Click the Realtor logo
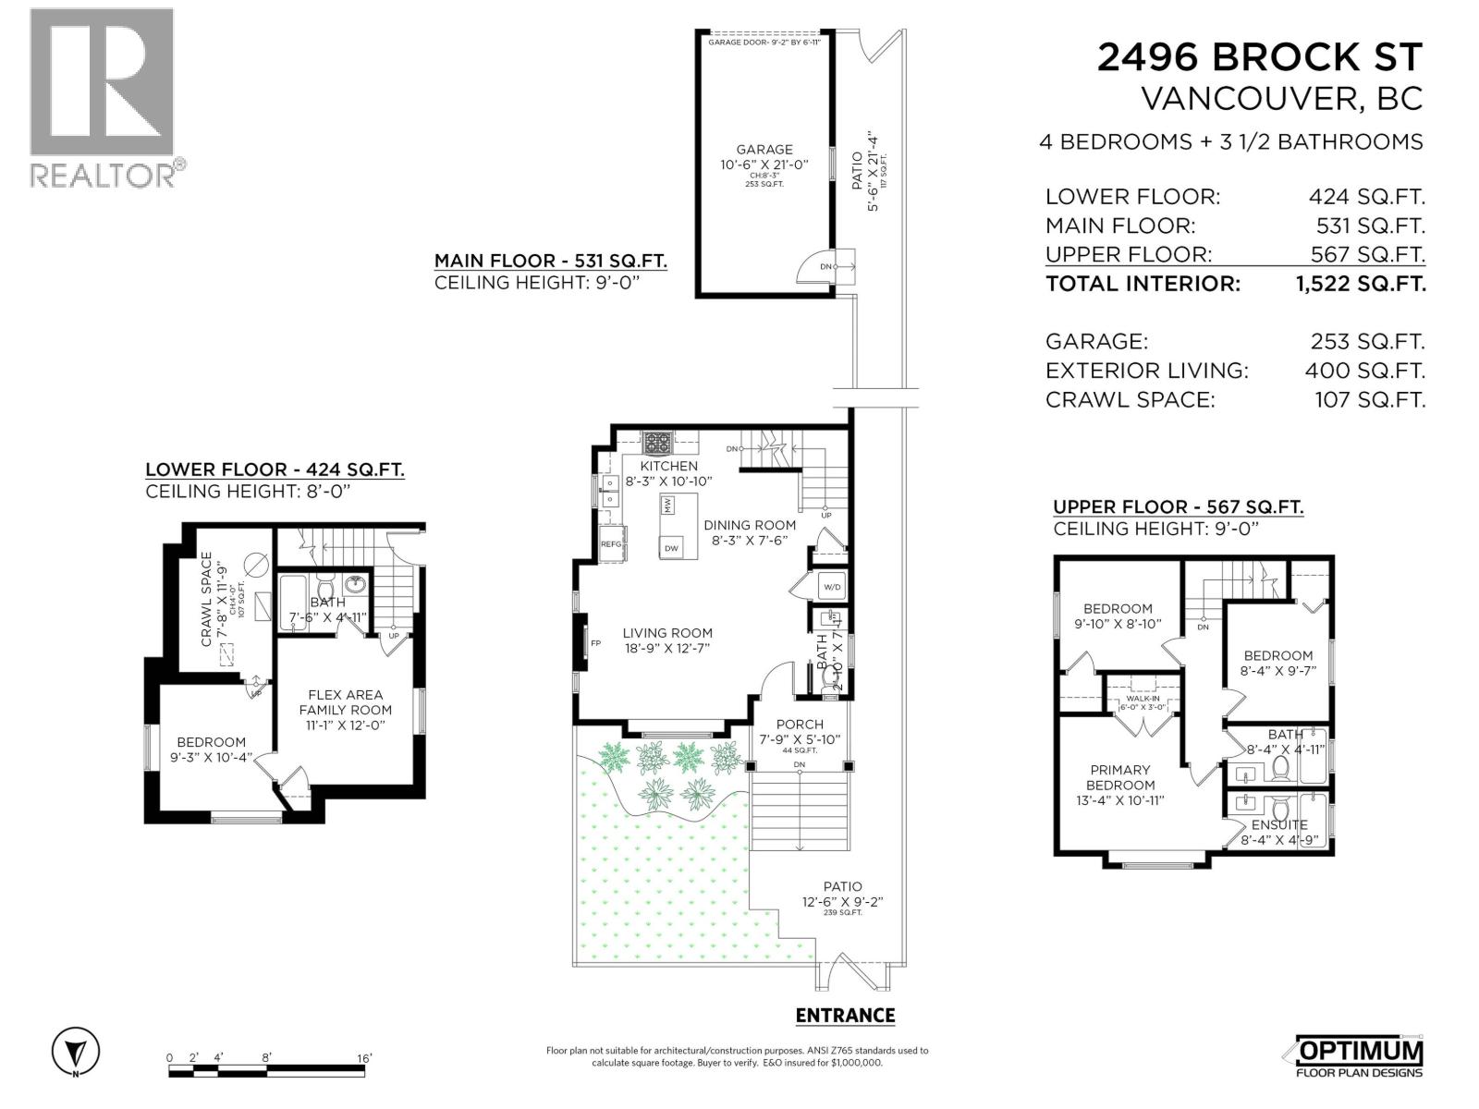(x=102, y=97)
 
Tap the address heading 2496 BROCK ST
(x=1259, y=57)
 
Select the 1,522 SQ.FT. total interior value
(x=1361, y=284)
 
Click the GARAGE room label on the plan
(x=764, y=149)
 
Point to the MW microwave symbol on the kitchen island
(x=667, y=506)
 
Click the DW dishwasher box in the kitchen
(x=672, y=548)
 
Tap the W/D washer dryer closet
(x=831, y=586)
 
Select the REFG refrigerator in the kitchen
(x=612, y=544)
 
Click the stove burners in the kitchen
(x=658, y=444)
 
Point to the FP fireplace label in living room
(x=596, y=643)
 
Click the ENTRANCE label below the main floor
(x=845, y=1016)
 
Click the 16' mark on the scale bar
(x=363, y=1058)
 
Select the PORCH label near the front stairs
(x=799, y=725)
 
